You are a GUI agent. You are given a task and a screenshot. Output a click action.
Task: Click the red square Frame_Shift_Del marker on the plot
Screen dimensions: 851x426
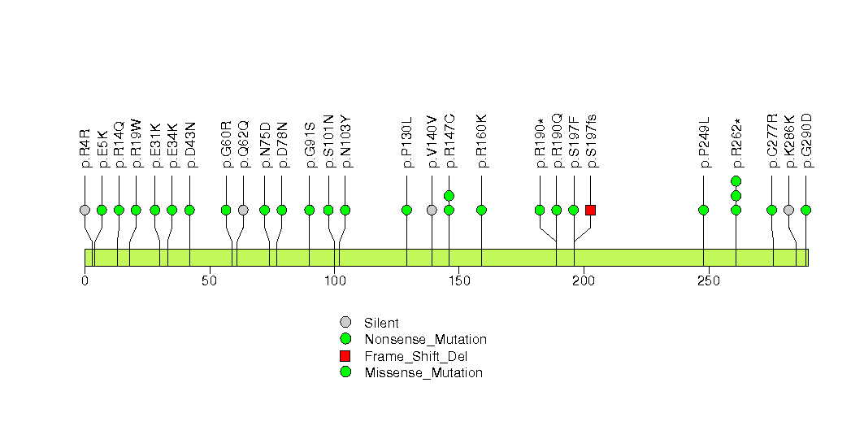(x=590, y=210)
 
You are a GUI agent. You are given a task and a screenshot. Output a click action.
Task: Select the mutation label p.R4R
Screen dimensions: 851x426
(x=85, y=148)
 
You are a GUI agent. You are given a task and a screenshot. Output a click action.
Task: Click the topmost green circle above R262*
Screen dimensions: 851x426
(x=736, y=180)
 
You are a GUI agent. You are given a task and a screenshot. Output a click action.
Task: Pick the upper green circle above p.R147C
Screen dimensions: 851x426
(x=449, y=195)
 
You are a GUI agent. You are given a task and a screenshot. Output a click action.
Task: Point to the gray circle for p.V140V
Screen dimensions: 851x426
(x=432, y=210)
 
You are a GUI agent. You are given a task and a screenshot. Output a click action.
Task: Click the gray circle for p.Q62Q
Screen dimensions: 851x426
(x=243, y=210)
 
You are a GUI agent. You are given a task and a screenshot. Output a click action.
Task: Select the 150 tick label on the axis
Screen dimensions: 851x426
(x=458, y=280)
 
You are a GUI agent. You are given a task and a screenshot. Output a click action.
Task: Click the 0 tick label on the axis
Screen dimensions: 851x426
(x=85, y=280)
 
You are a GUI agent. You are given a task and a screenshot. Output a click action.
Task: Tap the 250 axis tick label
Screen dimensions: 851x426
(x=708, y=280)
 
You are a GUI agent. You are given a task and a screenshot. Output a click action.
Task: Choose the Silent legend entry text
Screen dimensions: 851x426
(x=381, y=324)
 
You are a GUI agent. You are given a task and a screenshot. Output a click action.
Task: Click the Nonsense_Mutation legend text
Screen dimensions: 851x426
(x=426, y=340)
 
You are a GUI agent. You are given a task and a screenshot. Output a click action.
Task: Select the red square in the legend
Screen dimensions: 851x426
(x=345, y=356)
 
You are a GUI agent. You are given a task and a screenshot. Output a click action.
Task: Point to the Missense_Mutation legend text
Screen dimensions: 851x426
(x=423, y=373)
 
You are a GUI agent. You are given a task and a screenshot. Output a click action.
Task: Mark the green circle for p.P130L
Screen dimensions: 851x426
(x=406, y=210)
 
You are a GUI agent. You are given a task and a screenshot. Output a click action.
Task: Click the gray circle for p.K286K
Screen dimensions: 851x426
(x=788, y=210)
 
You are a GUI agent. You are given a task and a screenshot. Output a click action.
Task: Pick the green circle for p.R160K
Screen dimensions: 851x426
(x=481, y=210)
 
